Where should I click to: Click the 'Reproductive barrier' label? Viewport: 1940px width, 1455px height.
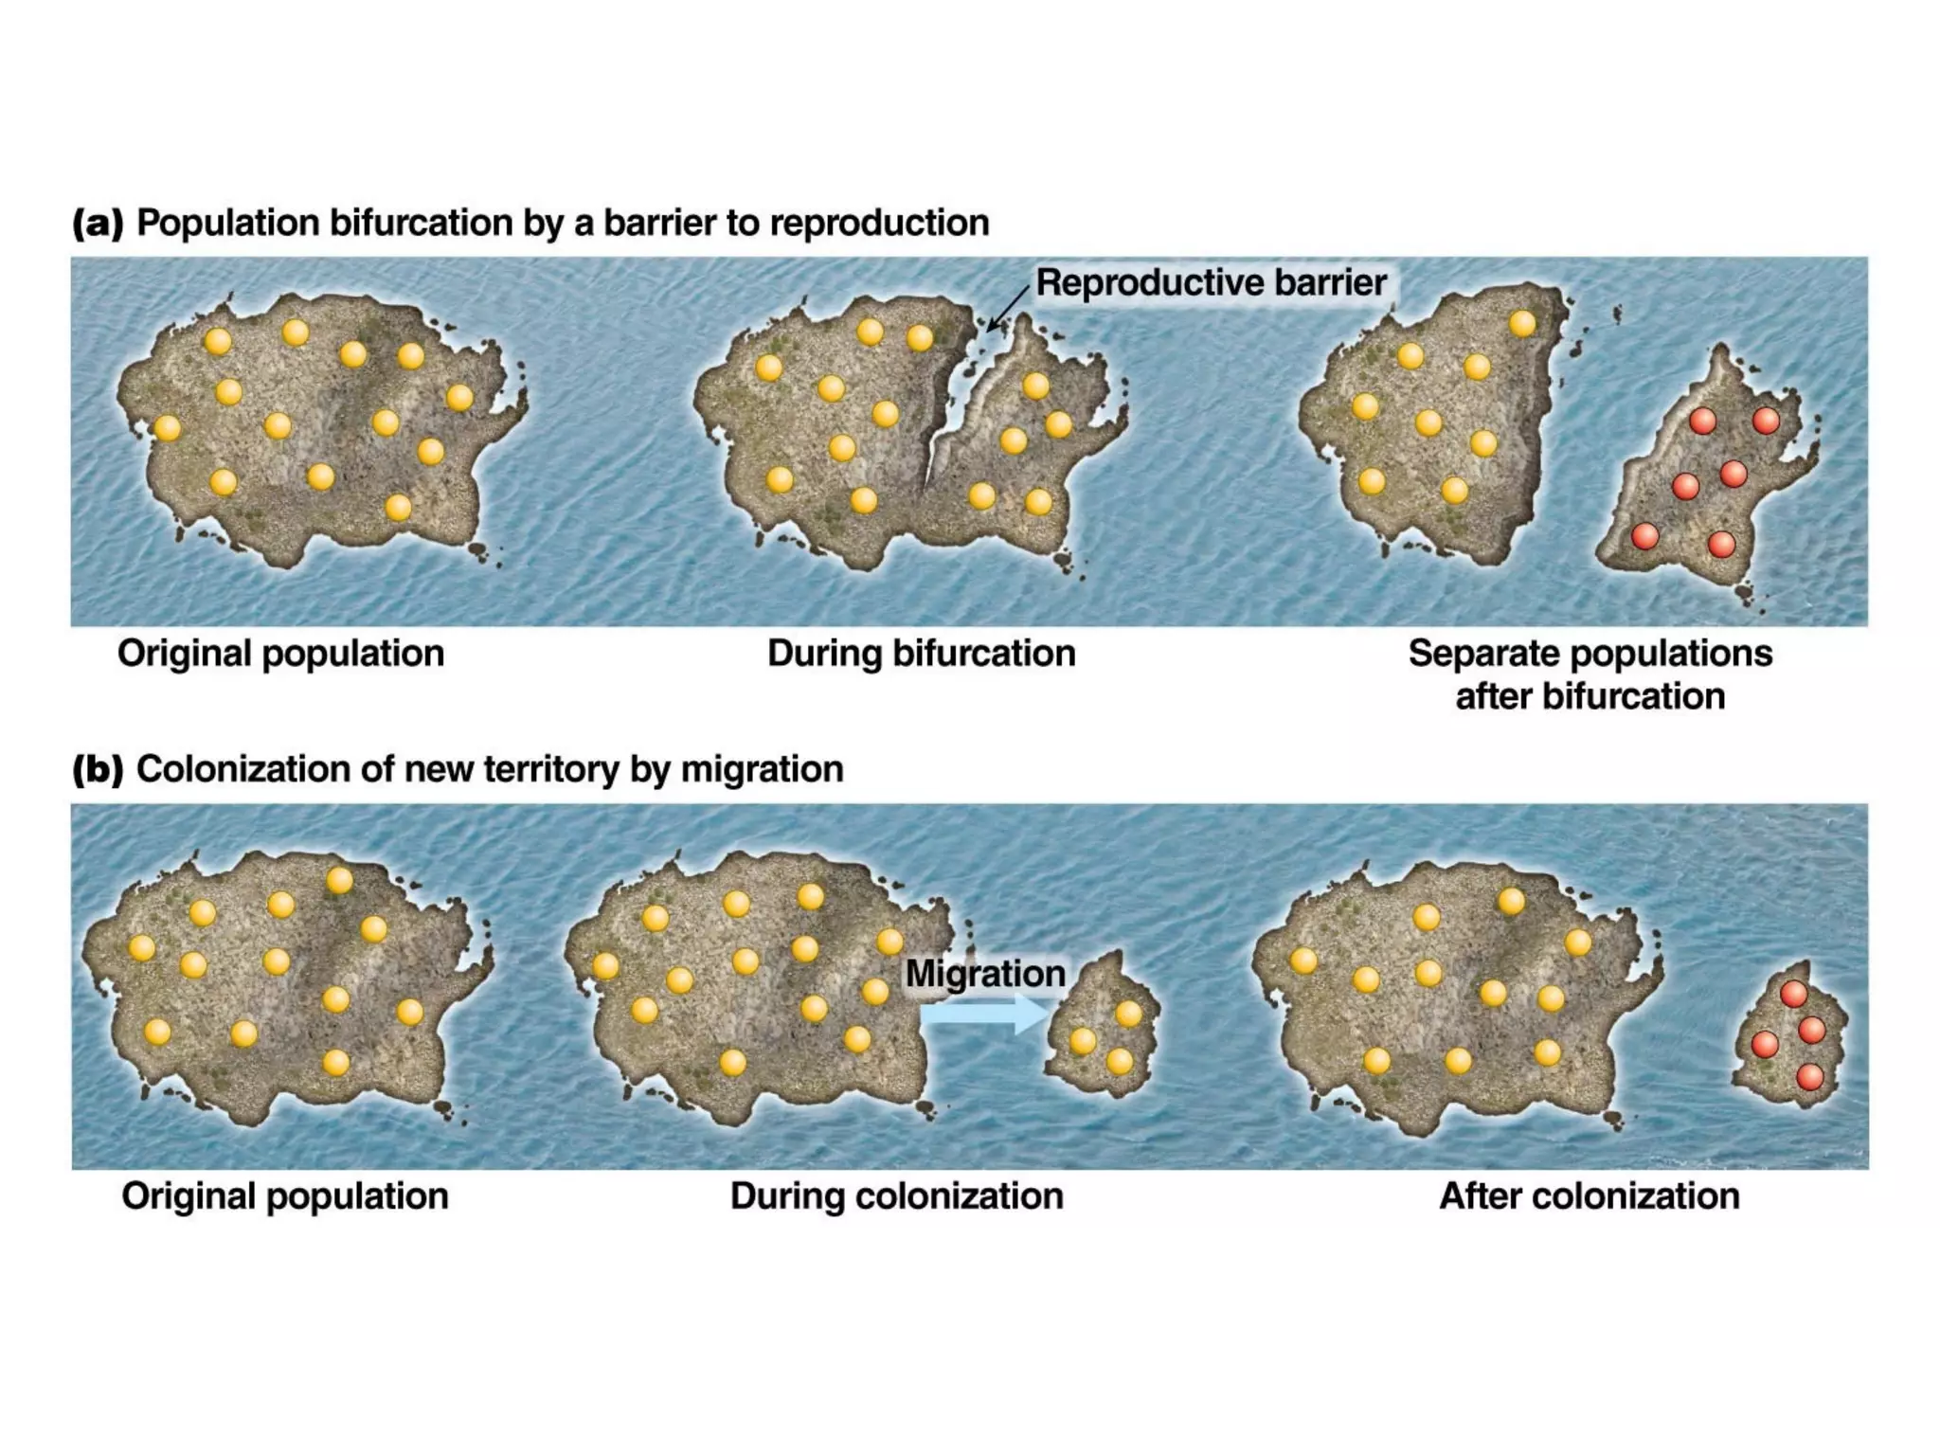click(x=1211, y=282)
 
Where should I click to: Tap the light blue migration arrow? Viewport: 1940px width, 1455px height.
click(x=985, y=1014)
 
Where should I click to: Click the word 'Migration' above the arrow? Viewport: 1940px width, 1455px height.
click(x=985, y=973)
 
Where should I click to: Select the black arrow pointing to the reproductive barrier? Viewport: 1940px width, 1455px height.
click(x=1007, y=309)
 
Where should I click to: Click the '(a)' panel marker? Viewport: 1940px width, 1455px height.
click(x=98, y=224)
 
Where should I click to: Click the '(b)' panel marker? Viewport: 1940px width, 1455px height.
click(x=98, y=769)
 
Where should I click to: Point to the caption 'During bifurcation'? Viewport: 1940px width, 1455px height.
click(x=921, y=654)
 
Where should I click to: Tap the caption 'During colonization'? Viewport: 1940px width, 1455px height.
click(x=896, y=1195)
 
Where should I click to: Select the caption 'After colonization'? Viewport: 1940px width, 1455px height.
click(x=1589, y=1195)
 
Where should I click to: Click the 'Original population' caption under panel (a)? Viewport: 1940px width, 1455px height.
click(x=280, y=654)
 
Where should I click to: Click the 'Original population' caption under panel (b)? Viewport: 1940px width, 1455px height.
click(x=284, y=1195)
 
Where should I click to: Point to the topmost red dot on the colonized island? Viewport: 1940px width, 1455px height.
click(x=1793, y=994)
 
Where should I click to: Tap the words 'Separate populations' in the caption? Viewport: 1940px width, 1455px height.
click(x=1590, y=654)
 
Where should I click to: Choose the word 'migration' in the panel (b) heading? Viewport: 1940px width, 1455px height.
click(x=762, y=769)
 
